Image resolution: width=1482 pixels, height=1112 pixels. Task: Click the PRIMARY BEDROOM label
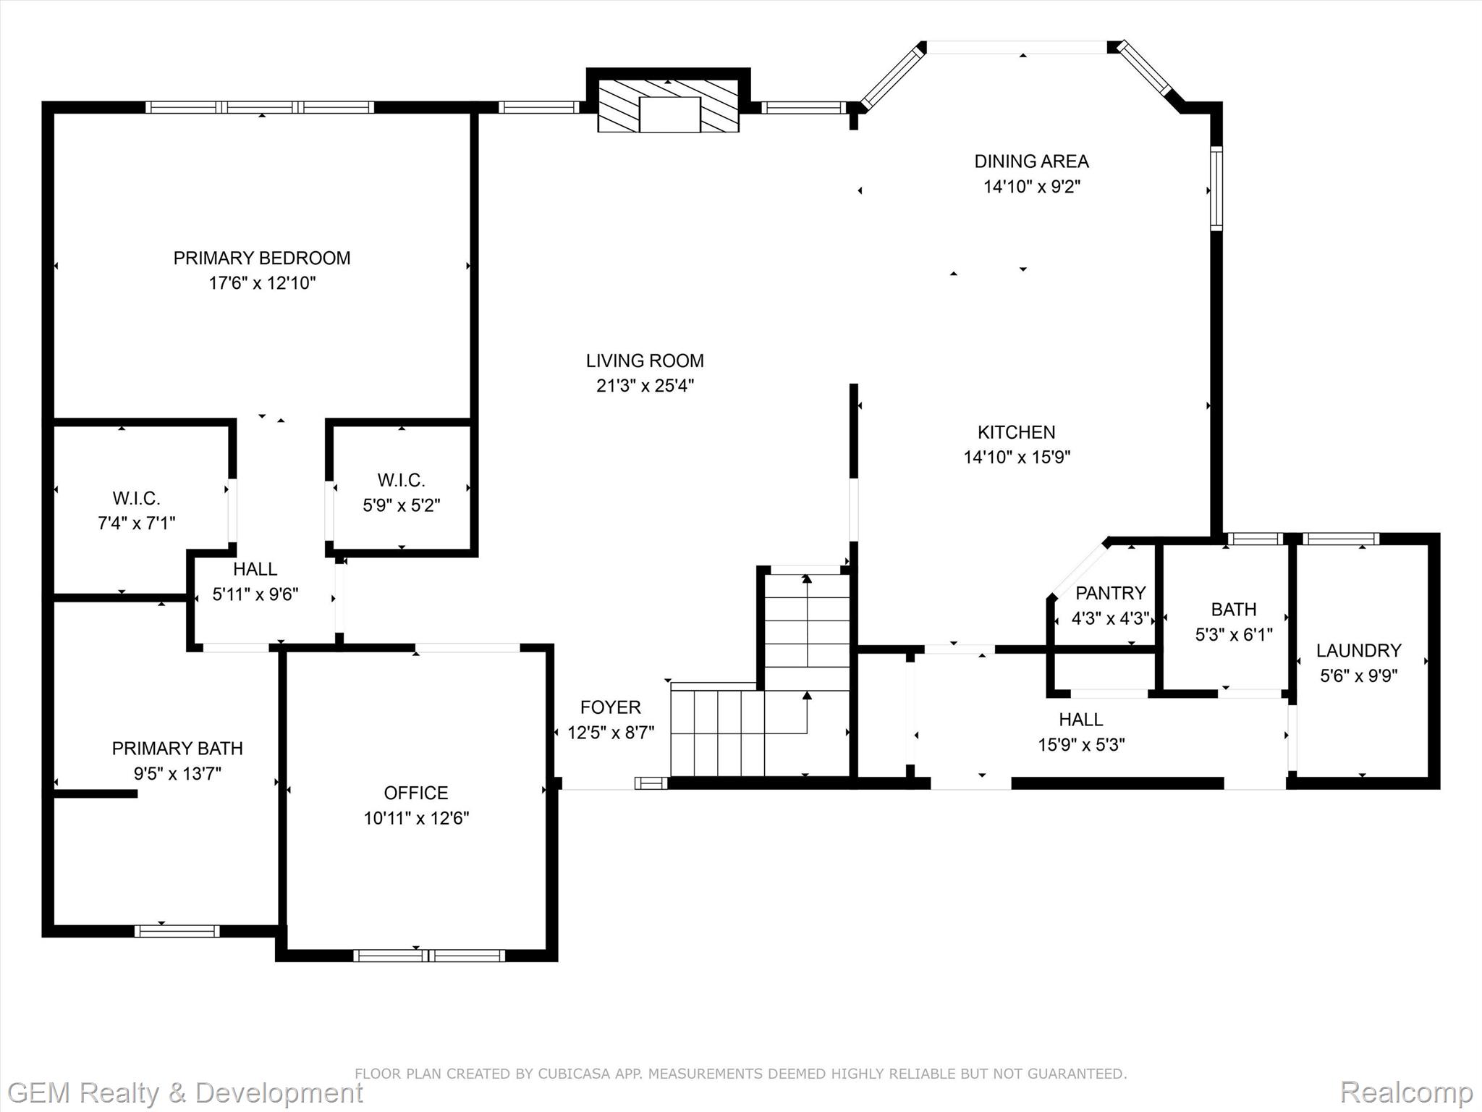click(262, 258)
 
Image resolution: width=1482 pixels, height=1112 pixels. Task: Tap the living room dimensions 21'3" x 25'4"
click(645, 385)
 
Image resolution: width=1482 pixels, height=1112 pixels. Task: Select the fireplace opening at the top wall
click(670, 114)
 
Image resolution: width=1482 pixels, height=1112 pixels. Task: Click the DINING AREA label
click(1031, 161)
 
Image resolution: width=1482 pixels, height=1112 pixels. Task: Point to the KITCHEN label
click(1016, 432)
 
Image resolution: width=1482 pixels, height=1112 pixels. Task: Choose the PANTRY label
click(1110, 594)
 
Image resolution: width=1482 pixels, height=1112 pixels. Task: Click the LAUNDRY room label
click(1358, 651)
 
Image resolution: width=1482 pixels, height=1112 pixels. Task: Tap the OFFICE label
click(416, 793)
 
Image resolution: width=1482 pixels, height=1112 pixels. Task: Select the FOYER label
click(611, 707)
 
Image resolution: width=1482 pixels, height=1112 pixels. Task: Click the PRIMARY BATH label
click(177, 749)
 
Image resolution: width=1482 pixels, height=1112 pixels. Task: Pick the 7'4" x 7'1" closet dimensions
click(137, 523)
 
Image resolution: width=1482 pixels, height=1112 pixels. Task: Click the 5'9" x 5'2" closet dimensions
click(401, 505)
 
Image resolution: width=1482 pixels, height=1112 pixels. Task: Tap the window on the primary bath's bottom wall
click(177, 931)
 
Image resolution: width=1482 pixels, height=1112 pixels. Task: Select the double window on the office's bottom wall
click(429, 956)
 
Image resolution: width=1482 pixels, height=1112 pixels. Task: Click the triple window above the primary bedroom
click(260, 107)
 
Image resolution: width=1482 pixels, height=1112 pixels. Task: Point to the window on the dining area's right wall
click(1216, 188)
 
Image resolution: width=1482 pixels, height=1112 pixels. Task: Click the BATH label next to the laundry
click(1233, 610)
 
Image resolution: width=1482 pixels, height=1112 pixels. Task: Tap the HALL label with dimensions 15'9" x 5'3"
click(1081, 720)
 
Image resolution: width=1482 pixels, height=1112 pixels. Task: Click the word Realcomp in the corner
click(1407, 1092)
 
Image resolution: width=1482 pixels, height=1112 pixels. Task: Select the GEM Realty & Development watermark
click(185, 1092)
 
